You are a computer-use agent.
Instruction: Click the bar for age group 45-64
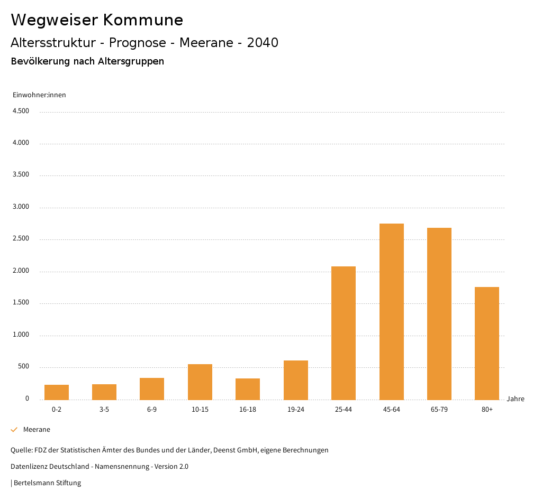tap(392, 311)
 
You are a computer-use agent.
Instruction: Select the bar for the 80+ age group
tap(487, 343)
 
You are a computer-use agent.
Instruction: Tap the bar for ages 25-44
tap(344, 333)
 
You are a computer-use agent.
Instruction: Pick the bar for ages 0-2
tap(57, 392)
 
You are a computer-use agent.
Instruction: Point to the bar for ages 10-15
tap(200, 382)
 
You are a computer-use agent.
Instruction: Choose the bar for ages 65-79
tap(439, 313)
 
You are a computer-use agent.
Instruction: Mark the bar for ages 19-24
tap(296, 380)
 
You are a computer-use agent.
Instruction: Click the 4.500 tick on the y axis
tap(21, 111)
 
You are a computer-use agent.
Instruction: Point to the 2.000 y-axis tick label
tap(21, 271)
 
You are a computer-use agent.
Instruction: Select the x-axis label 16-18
tap(248, 410)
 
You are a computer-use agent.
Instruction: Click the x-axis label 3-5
tap(104, 410)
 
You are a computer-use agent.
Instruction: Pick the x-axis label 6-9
tap(152, 410)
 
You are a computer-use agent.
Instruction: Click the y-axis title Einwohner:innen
tap(39, 95)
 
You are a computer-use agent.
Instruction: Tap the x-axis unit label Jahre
tap(516, 399)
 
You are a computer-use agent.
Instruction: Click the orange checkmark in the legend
tap(14, 430)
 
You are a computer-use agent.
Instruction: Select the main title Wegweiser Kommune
tap(97, 20)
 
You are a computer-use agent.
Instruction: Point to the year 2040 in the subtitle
tap(263, 43)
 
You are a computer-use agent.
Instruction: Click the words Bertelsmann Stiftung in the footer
tap(48, 483)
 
